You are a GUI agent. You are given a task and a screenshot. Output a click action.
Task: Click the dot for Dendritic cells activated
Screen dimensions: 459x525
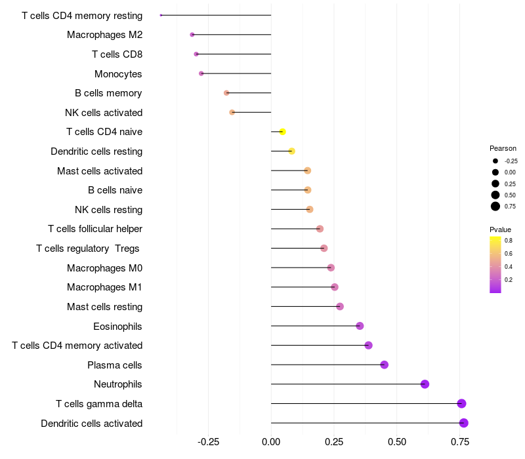pyautogui.click(x=463, y=423)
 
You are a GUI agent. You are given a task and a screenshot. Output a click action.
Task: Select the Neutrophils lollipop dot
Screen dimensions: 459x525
pyautogui.click(x=425, y=384)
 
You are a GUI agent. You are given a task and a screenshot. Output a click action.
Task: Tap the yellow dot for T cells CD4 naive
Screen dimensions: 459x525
pyautogui.click(x=282, y=132)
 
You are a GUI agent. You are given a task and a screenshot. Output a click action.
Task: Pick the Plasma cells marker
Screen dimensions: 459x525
pyautogui.click(x=384, y=365)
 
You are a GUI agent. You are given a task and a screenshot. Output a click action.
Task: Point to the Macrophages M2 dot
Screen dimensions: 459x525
pyautogui.click(x=192, y=35)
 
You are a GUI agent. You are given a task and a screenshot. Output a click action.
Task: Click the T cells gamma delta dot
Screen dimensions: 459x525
pyautogui.click(x=461, y=403)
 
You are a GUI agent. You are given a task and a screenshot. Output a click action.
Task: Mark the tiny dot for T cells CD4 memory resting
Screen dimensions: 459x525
pyautogui.click(x=161, y=15)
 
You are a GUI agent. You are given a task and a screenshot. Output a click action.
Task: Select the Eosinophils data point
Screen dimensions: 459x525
pyautogui.click(x=360, y=326)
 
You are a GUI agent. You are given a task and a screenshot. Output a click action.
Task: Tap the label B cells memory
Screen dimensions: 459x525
pyautogui.click(x=108, y=93)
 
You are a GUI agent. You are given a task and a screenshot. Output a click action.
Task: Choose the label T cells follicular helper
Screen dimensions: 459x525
pyautogui.click(x=95, y=229)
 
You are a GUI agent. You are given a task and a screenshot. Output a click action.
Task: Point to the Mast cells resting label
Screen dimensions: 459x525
pyautogui.click(x=104, y=306)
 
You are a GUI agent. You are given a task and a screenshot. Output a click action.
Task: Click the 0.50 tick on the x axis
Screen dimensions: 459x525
pyautogui.click(x=397, y=442)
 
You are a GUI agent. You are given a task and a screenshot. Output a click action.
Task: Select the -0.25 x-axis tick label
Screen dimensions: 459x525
pyautogui.click(x=209, y=442)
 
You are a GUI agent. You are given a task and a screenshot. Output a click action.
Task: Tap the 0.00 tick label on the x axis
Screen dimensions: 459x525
pyautogui.click(x=271, y=442)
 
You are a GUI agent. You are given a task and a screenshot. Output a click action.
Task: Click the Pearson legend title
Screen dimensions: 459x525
pyautogui.click(x=503, y=148)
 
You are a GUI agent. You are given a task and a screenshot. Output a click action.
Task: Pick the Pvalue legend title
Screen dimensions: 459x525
pyautogui.click(x=500, y=229)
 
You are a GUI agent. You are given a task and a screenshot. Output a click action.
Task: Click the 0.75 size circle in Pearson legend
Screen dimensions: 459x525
pyautogui.click(x=495, y=207)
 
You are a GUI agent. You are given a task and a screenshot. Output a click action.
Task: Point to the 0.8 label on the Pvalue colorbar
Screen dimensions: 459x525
pyautogui.click(x=509, y=241)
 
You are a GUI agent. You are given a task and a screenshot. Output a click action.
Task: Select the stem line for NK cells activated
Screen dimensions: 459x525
pyautogui.click(x=251, y=112)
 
